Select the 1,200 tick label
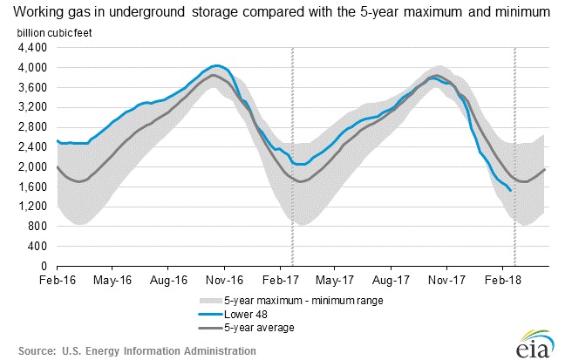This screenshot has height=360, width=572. coord(33,207)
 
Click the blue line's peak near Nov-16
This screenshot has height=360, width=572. coord(217,65)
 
